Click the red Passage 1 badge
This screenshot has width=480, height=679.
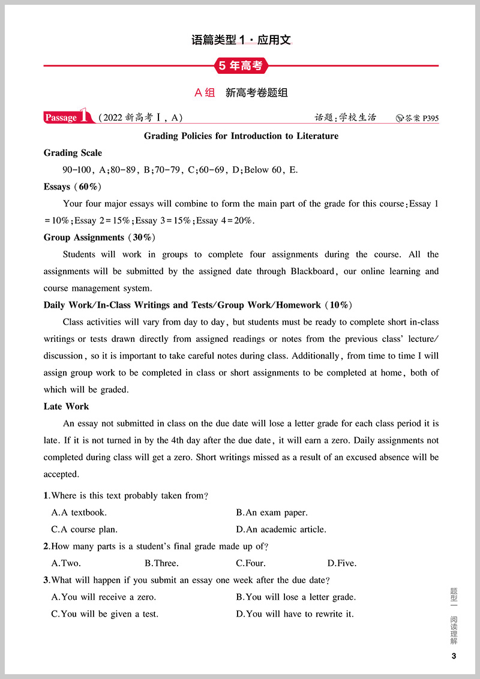coord(68,117)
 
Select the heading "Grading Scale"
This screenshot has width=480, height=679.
coord(73,153)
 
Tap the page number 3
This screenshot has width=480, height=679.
coord(454,656)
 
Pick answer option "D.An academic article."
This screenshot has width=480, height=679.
coord(281,530)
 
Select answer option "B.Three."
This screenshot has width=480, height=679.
coord(161,563)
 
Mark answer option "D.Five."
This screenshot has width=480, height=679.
coord(342,563)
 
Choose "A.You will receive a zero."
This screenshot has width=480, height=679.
coord(104,597)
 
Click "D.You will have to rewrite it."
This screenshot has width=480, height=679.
coord(295,614)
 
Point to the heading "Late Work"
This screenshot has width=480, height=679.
coord(66,406)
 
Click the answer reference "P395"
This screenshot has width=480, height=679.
coord(430,118)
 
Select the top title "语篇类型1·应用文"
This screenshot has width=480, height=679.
coord(241,41)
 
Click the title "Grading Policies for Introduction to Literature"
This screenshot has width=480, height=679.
coord(241,136)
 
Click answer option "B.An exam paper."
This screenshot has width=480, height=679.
coord(272,513)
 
